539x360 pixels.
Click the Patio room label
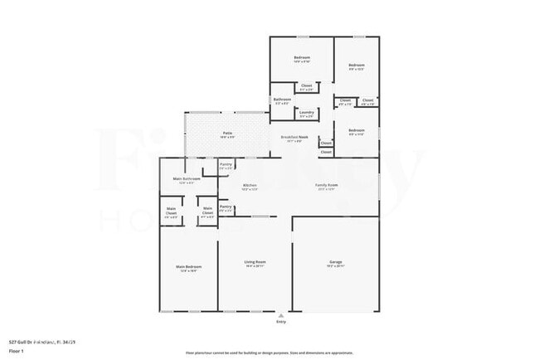pos(227,132)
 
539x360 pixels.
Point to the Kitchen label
pos(250,185)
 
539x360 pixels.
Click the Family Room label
pos(326,185)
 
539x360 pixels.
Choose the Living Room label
pos(255,263)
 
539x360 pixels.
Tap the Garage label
pos(336,263)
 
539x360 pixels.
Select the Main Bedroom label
pos(187,266)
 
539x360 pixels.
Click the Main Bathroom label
pos(187,178)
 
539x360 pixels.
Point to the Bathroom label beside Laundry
pos(282,100)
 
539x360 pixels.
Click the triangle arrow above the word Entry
pos(279,316)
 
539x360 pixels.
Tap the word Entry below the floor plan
pos(279,323)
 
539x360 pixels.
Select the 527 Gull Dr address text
pos(41,341)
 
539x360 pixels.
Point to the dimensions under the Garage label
pos(336,267)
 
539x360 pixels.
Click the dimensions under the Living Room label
pos(255,267)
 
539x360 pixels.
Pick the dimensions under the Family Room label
pos(326,189)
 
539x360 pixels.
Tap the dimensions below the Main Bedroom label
pos(187,270)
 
